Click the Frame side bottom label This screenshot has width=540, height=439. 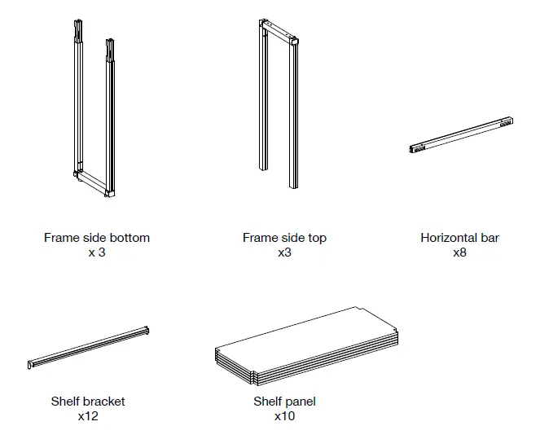97,238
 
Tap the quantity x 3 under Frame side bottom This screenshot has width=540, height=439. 97,252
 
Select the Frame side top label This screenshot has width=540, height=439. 284,238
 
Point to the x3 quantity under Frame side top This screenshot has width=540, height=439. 284,252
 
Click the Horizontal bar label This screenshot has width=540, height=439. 459,238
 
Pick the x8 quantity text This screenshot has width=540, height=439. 459,252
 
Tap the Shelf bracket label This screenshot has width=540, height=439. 88,401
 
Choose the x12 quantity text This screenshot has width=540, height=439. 88,416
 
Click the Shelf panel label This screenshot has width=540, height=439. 284,402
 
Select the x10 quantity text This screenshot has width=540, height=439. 284,416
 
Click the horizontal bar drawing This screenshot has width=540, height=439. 461,135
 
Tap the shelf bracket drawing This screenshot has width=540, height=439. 88,348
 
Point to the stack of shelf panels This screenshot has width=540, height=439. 306,346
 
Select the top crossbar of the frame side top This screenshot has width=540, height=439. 279,31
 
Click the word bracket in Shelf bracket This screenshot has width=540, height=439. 104,401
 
